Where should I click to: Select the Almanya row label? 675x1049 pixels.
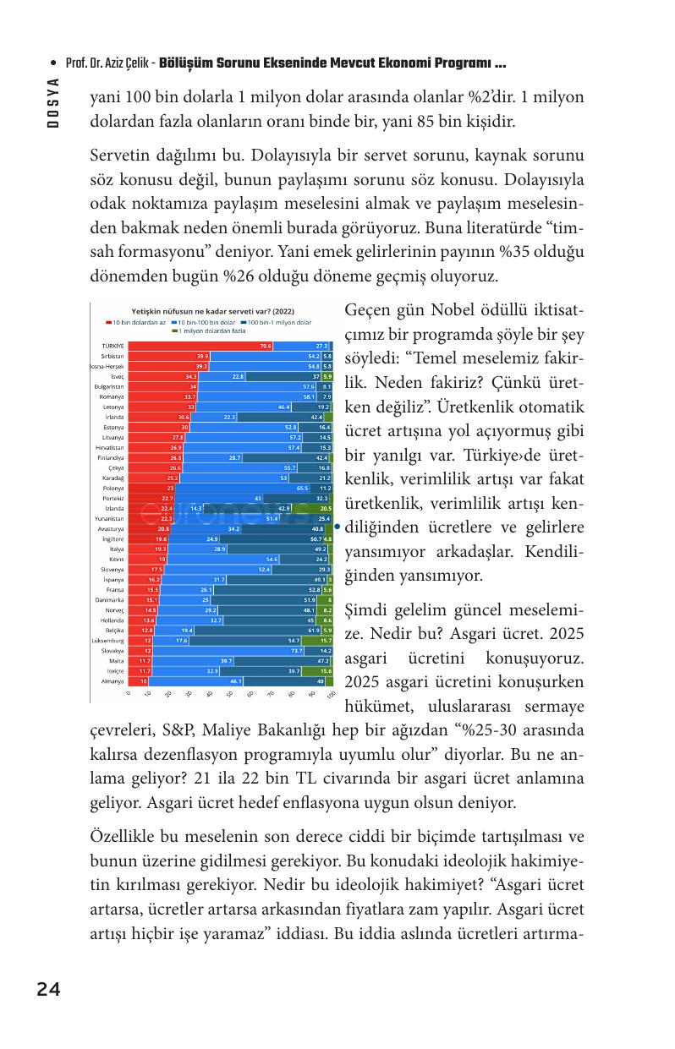pos(112,680)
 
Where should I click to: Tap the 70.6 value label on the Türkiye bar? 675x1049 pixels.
pos(266,346)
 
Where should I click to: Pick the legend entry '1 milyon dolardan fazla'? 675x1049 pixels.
pos(211,331)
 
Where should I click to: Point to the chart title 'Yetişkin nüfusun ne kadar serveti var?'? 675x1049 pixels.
pos(206,311)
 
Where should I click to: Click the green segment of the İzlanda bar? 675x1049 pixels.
pos(326,508)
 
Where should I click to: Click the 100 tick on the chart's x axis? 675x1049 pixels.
pos(331,693)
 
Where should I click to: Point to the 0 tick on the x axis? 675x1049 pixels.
pos(129,693)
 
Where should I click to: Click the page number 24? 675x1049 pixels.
pos(48,990)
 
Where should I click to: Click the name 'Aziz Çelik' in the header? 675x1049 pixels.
pos(127,64)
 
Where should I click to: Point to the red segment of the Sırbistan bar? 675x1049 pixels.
pos(168,356)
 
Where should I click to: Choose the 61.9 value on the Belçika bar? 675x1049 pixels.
pos(314,630)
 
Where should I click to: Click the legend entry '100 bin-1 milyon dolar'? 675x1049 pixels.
pos(278,322)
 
